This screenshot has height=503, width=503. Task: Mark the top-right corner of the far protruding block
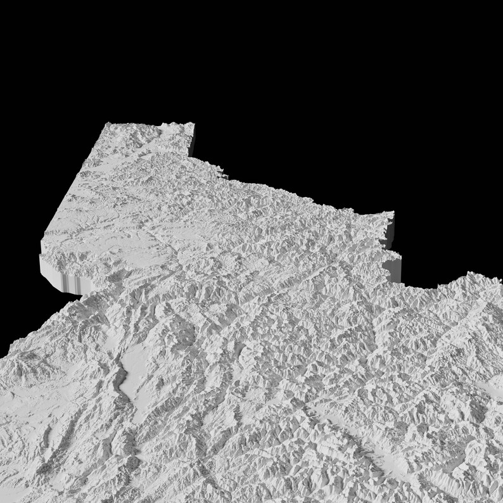(192, 124)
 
